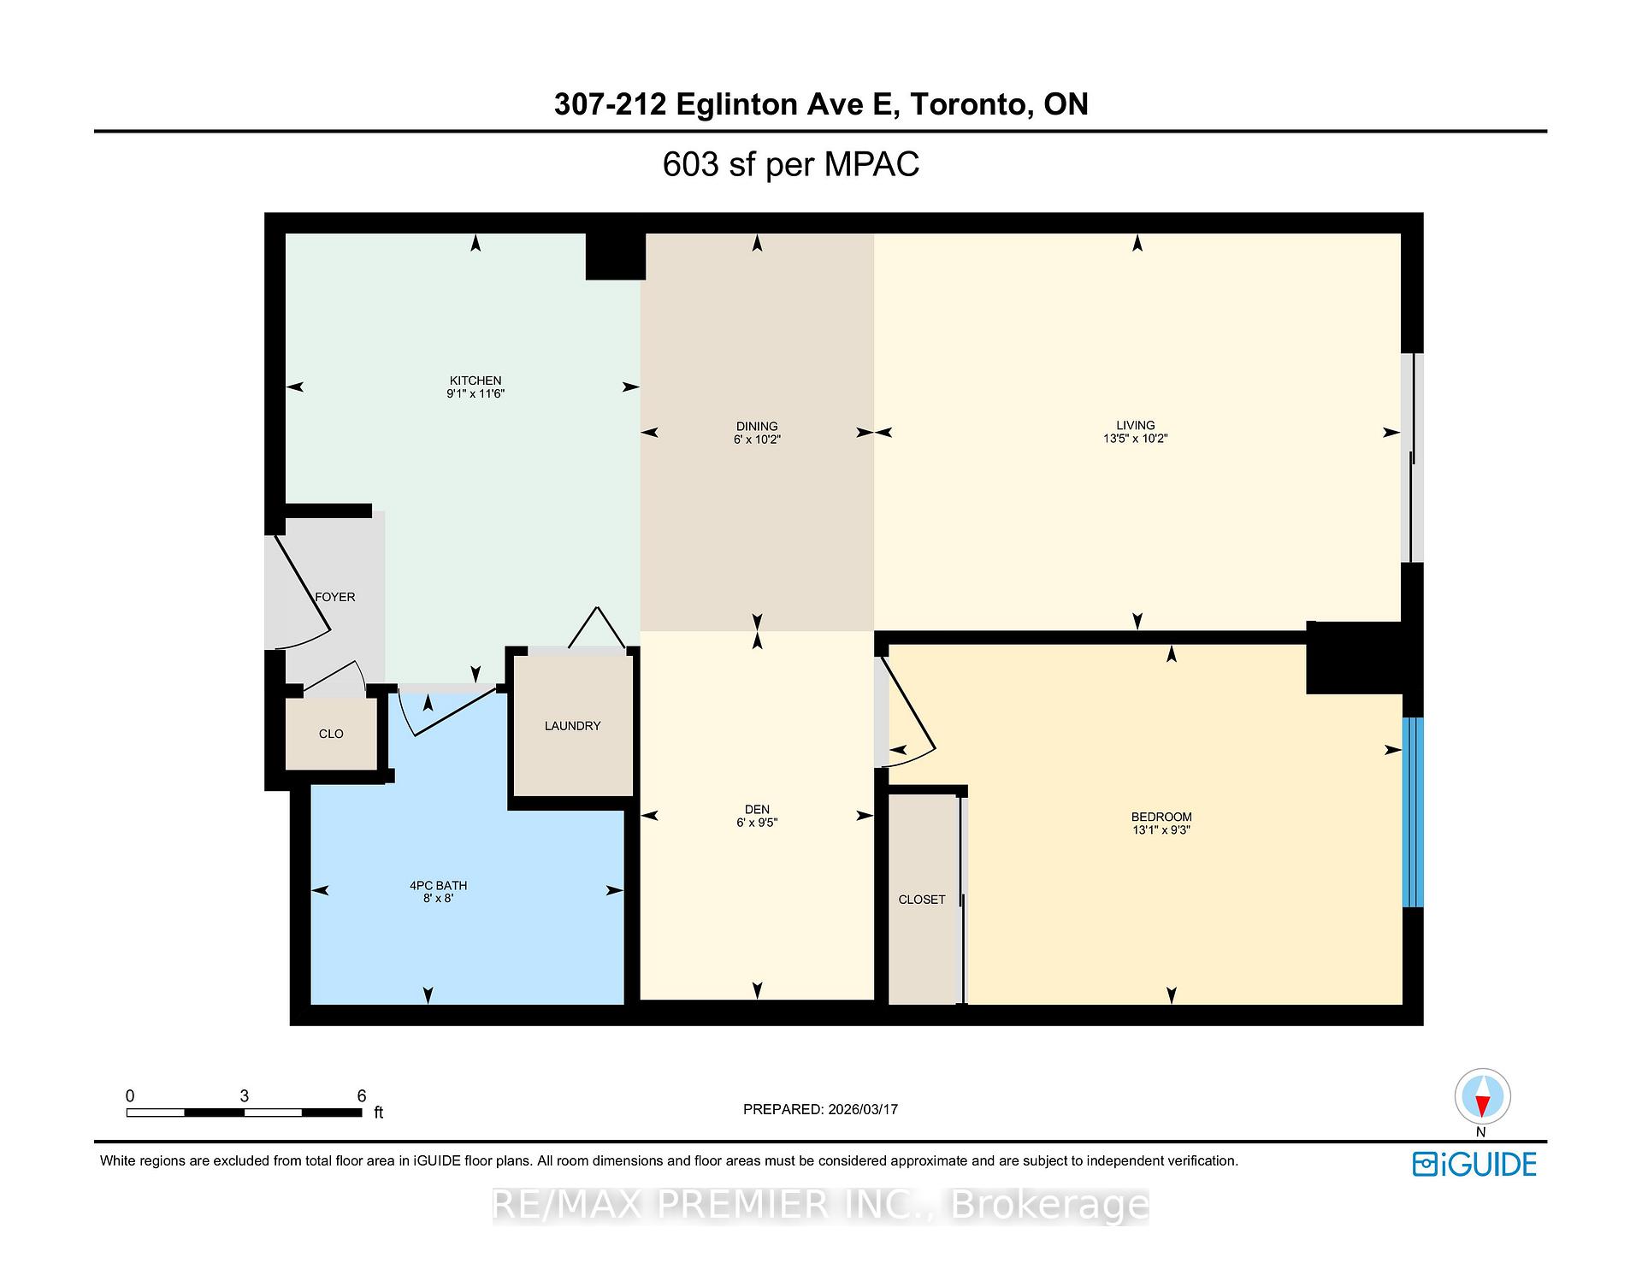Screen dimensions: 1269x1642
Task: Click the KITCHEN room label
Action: tap(475, 381)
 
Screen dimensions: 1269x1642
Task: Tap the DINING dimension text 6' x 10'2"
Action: tap(757, 440)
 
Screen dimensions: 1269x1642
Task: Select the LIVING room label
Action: tap(1135, 425)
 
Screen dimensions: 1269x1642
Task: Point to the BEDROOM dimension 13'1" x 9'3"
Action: tap(1161, 829)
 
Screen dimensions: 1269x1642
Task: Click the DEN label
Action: tap(757, 809)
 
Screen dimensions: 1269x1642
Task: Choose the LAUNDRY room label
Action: tap(572, 726)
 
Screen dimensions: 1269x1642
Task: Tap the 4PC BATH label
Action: tap(438, 885)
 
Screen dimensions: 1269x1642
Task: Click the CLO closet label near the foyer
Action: tap(331, 734)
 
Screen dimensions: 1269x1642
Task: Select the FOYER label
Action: tap(335, 597)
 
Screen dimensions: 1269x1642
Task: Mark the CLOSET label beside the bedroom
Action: tap(922, 900)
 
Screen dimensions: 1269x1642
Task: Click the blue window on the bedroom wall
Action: tap(1413, 812)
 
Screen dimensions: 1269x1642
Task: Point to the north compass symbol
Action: tap(1482, 1097)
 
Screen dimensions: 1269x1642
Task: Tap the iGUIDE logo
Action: tap(1474, 1165)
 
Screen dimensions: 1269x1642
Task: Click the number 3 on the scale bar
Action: tap(245, 1096)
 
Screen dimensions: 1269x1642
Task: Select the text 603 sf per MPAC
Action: tap(790, 164)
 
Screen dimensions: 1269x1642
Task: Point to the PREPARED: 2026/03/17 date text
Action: tap(820, 1109)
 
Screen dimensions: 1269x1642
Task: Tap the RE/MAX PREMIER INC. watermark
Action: tap(820, 1206)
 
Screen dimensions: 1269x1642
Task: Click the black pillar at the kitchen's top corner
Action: tap(615, 257)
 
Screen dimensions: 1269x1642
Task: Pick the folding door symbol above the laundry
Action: tap(597, 629)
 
